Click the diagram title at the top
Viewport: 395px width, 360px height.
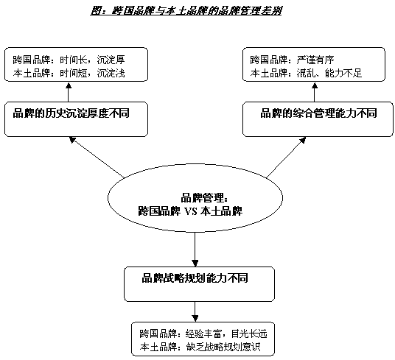pos(186,10)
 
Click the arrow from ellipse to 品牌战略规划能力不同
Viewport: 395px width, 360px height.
pos(195,250)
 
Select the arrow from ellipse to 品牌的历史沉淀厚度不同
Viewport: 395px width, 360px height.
pos(97,158)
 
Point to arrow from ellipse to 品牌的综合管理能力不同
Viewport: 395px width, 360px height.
pos(286,158)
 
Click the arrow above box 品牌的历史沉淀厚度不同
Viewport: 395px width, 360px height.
pos(69,92)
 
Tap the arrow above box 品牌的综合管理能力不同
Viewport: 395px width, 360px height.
pos(315,92)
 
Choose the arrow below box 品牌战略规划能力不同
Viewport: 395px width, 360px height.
pos(195,311)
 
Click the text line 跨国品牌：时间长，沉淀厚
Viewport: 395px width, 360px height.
pos(69,60)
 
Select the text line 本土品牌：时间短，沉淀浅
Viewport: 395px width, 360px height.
pos(69,73)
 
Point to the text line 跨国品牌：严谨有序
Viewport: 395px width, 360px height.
pos(293,60)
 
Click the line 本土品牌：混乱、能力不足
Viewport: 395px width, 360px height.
pos(306,73)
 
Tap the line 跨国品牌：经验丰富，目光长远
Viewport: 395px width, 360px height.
pos(203,333)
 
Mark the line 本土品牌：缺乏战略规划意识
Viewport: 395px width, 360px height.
pos(200,347)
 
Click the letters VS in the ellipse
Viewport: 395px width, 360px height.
pos(191,211)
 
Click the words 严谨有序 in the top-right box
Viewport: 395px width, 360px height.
pos(315,60)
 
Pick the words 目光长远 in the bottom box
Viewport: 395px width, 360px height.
pos(249,333)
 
